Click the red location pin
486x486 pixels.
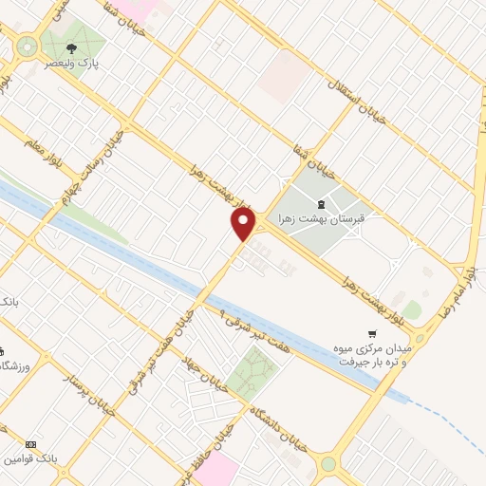point(244,225)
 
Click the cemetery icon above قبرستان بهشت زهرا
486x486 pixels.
point(321,202)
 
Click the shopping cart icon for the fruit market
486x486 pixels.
point(371,332)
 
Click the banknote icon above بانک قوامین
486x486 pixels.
point(30,444)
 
